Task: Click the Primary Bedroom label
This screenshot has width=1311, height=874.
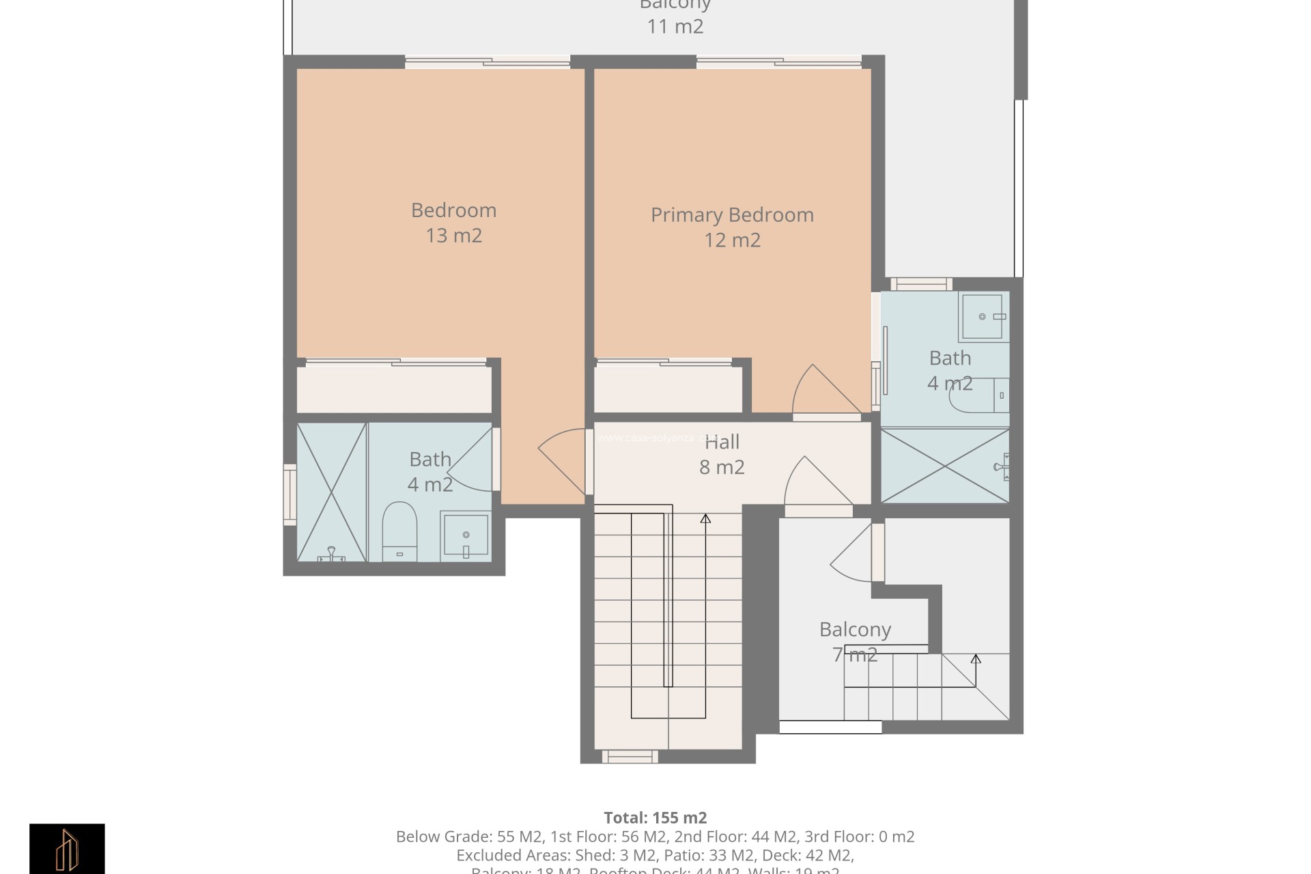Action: tap(732, 215)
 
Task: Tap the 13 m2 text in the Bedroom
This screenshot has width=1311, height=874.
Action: tap(454, 236)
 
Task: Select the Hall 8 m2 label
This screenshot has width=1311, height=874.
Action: tap(722, 455)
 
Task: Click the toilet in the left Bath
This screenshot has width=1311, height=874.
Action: tap(399, 528)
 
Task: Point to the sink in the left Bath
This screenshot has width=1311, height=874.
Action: tap(465, 536)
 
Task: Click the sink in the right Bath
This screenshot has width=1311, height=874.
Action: tap(983, 317)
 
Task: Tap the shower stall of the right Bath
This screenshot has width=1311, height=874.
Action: tap(944, 466)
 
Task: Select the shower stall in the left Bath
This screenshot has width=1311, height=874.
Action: tap(332, 492)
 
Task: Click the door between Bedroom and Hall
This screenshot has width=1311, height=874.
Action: tap(564, 461)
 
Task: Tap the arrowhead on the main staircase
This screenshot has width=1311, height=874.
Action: tap(705, 519)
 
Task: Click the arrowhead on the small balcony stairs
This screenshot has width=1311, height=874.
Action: tap(976, 659)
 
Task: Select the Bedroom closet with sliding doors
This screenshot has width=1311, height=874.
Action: tap(393, 389)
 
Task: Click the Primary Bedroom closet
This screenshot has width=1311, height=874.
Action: tap(668, 389)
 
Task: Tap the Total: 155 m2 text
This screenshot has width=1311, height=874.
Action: tap(655, 817)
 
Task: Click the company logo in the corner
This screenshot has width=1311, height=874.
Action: tap(67, 848)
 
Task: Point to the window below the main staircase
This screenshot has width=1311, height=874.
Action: tap(630, 757)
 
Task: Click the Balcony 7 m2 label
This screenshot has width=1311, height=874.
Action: tap(855, 641)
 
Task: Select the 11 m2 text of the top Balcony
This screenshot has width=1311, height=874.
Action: tap(675, 27)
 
